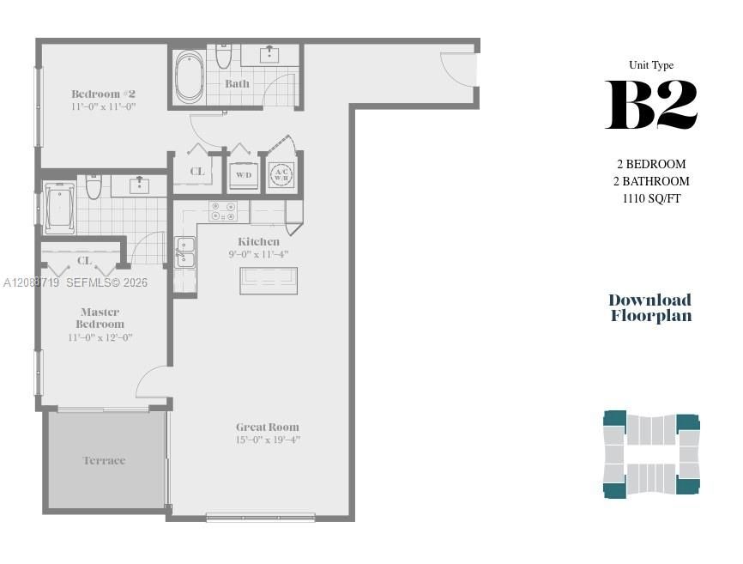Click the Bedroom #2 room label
(103, 94)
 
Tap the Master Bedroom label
(100, 318)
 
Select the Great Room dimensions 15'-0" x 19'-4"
(269, 440)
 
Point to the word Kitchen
(258, 242)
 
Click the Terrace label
(105, 461)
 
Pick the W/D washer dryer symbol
(244, 175)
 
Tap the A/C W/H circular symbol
(281, 174)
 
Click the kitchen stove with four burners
(223, 211)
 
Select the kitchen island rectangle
(269, 281)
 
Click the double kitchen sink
(184, 252)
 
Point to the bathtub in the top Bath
(190, 76)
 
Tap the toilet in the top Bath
(223, 56)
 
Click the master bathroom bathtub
(59, 208)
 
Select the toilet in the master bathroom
(94, 187)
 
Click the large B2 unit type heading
(651, 105)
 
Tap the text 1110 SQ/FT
(651, 198)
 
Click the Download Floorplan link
(650, 307)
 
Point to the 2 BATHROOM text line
(651, 181)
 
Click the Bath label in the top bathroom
(237, 84)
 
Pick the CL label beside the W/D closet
(197, 172)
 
